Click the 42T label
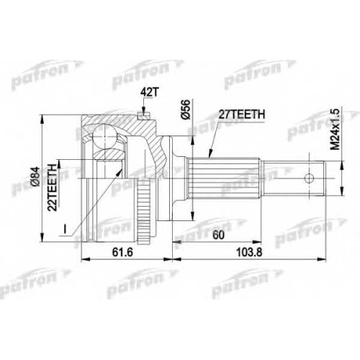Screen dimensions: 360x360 [150, 92]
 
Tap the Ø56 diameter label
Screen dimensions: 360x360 [186, 109]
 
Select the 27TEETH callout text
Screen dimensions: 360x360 [241, 114]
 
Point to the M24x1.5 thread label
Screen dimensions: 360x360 [335, 129]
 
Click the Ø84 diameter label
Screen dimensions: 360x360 [35, 176]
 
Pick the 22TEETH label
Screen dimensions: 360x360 [52, 187]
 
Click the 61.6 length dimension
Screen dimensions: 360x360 [122, 252]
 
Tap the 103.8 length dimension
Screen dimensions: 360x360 [249, 252]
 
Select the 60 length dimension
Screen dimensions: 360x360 [218, 235]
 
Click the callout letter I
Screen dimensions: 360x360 [64, 229]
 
